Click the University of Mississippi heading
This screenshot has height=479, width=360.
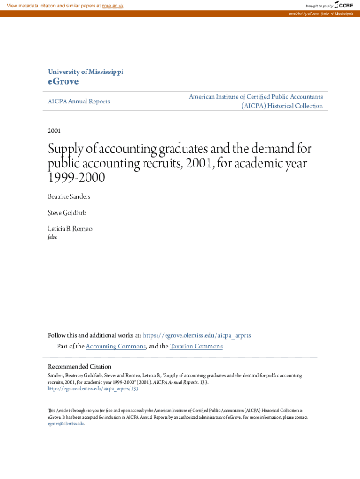click(x=86, y=72)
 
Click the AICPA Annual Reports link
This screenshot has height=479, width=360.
click(x=79, y=101)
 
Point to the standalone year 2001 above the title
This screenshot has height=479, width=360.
click(x=54, y=131)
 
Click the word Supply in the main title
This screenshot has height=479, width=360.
click(x=65, y=150)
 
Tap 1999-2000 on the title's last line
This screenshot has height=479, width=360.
click(x=76, y=178)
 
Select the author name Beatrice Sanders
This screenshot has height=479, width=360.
click(x=69, y=196)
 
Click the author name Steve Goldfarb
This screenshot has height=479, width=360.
click(x=67, y=213)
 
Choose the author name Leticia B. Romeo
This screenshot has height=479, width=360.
click(x=70, y=229)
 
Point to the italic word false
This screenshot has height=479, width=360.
click(x=52, y=237)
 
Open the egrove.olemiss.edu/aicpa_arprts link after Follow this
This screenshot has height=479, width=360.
click(x=197, y=335)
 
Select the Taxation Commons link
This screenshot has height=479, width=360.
click(x=196, y=346)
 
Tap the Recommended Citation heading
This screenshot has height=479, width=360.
click(x=79, y=367)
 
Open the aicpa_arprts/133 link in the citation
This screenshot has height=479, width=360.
click(x=93, y=388)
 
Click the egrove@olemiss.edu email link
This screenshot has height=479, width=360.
click(x=65, y=423)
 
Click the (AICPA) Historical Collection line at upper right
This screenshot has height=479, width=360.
click(x=282, y=106)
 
